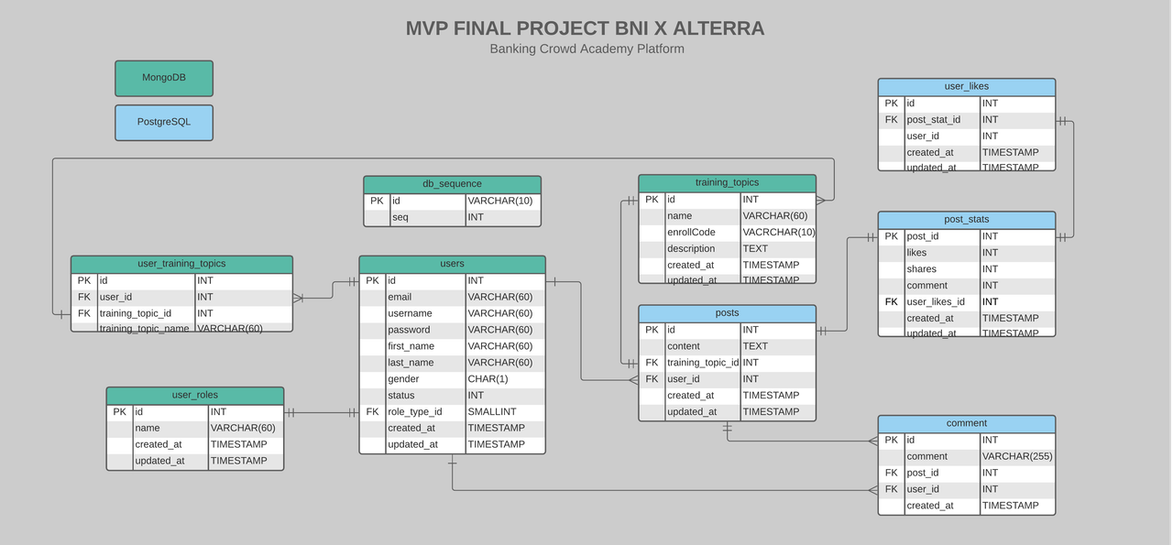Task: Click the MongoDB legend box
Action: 164,78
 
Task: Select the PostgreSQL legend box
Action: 164,122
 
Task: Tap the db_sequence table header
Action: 452,184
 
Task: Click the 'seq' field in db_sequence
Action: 400,217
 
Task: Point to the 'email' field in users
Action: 400,297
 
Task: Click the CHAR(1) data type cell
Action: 488,379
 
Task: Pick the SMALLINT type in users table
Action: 492,412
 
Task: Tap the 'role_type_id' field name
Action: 415,412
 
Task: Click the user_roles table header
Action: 195,395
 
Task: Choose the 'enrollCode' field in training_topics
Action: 691,233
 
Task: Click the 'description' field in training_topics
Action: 691,248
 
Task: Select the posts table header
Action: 727,313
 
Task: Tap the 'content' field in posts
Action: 684,346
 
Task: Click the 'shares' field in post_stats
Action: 922,269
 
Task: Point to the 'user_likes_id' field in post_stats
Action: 936,301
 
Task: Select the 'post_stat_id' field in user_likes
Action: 934,120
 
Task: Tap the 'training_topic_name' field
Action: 145,328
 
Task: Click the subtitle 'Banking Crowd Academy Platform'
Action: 586,49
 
